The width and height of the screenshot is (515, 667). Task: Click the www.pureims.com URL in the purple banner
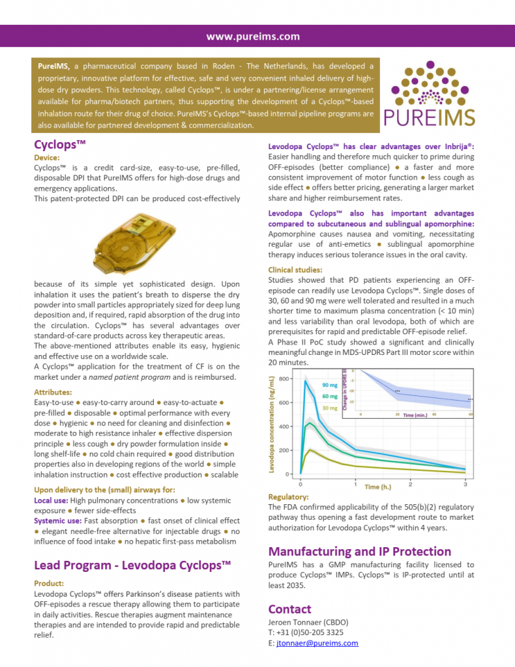(x=253, y=37)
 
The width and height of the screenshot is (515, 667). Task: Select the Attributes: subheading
(x=53, y=392)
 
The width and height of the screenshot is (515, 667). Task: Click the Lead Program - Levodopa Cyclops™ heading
(x=132, y=565)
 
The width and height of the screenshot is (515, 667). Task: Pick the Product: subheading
(x=49, y=583)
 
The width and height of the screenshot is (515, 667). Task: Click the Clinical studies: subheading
(x=296, y=270)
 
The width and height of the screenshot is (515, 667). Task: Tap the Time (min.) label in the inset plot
(x=417, y=414)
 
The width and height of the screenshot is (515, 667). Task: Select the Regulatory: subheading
(x=288, y=497)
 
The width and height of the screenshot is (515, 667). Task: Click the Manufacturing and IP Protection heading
(x=360, y=551)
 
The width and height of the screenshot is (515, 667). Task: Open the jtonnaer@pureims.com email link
(x=317, y=643)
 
